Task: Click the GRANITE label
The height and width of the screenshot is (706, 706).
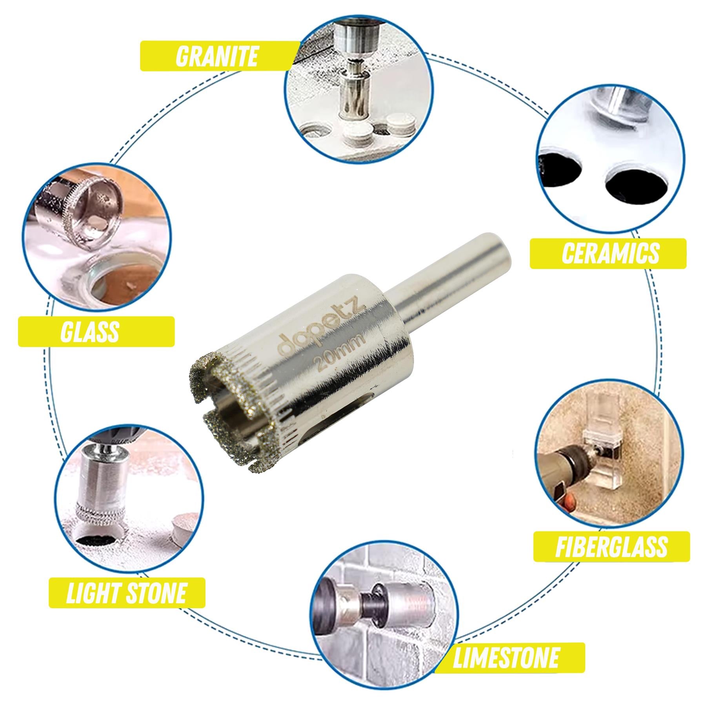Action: pos(217,56)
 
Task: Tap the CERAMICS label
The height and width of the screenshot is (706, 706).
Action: pos(608,253)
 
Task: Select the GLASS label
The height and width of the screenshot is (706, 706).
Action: pos(90,331)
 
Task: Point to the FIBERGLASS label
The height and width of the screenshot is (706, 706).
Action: pos(611,546)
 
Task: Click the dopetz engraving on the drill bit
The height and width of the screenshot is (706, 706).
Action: pos(321,327)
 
